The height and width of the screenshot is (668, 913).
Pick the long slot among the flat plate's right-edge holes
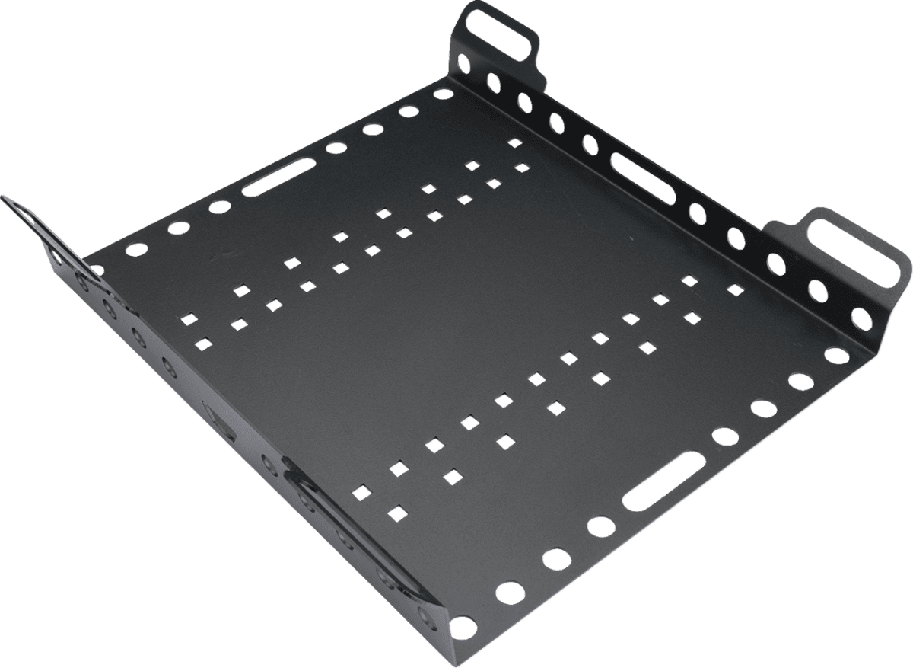pos(663,479)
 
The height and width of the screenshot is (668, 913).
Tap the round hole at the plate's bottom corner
pos(460,629)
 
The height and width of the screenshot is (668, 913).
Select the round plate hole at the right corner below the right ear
pos(836,355)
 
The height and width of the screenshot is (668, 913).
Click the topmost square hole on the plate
pos(515,142)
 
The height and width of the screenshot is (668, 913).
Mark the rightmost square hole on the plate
pos(735,289)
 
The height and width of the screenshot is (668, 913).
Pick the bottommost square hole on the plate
pos(395,509)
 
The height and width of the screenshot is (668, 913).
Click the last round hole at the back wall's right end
pos(862,318)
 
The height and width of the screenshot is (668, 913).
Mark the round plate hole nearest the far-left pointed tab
pos(97,270)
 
